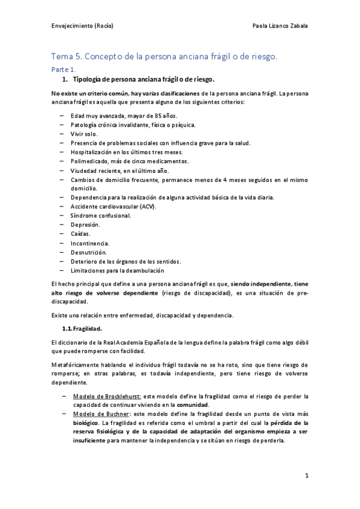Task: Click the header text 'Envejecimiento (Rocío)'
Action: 82,26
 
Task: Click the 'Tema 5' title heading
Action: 164,57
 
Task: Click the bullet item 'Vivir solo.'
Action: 85,134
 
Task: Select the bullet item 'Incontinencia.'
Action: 89,242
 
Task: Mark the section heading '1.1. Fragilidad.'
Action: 82,328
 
